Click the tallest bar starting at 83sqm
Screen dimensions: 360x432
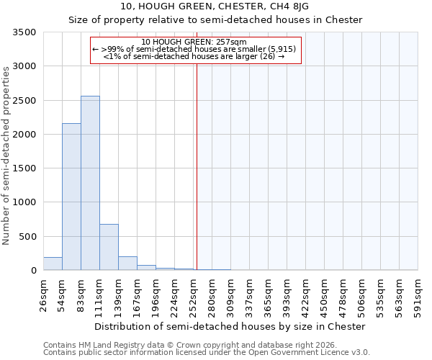(90, 183)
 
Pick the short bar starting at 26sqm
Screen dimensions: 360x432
(53, 264)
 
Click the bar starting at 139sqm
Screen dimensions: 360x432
(127, 263)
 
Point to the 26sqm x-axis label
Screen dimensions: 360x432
(44, 295)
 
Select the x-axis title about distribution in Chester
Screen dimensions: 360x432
(230, 326)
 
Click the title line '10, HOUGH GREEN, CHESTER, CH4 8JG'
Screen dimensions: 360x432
(215, 6)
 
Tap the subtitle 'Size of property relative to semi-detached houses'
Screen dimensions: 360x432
(215, 19)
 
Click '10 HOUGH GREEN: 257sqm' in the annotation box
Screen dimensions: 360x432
(194, 42)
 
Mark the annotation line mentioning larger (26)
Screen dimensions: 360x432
(194, 55)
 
